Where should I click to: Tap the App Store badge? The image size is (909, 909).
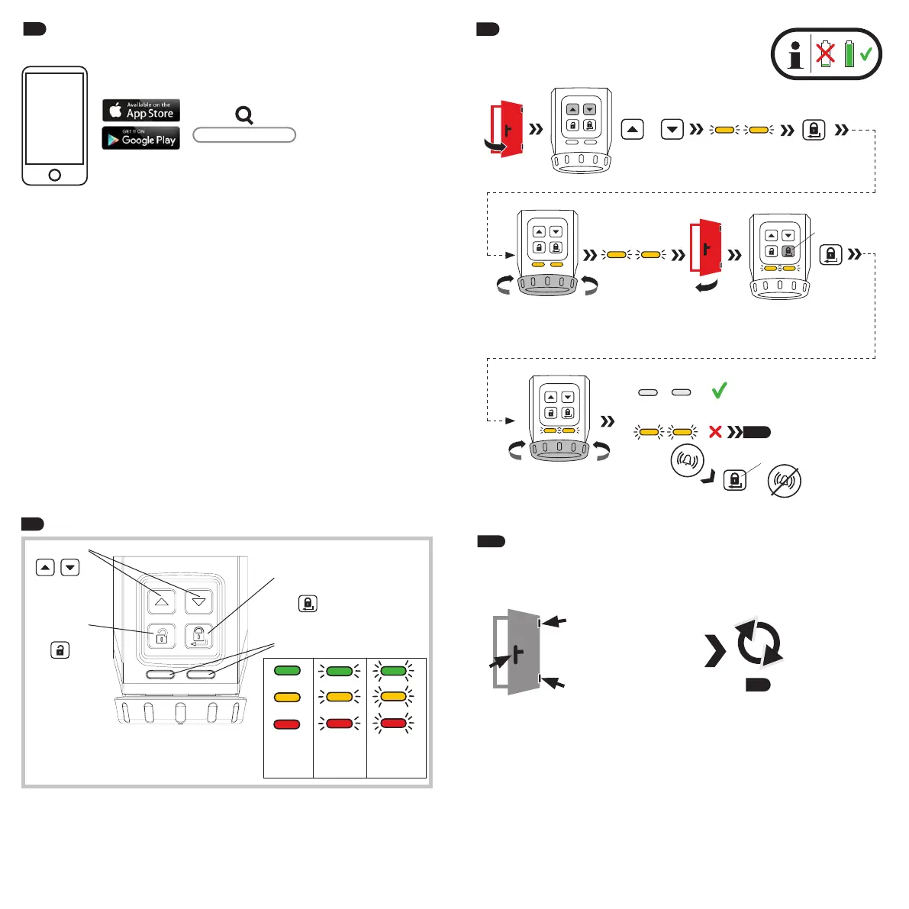141,111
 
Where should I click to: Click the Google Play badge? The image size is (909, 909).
141,138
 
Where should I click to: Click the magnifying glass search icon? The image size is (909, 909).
244,115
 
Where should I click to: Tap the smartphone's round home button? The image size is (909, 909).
55,175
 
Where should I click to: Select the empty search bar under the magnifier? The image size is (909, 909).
244,135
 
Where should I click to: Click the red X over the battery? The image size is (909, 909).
826,54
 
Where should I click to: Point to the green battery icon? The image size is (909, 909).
849,54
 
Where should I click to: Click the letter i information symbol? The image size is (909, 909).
795,55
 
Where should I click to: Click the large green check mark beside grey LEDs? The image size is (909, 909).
719,391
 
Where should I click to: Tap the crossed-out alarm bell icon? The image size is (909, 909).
785,481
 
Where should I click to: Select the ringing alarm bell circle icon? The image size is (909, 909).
686,460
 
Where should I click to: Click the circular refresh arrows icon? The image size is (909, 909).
759,643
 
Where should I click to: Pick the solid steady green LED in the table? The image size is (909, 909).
287,671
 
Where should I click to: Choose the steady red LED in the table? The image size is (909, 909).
287,724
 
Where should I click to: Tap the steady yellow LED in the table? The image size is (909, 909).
287,697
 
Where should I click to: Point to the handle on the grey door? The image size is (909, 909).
517,654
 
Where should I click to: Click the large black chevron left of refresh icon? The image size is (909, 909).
715,651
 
